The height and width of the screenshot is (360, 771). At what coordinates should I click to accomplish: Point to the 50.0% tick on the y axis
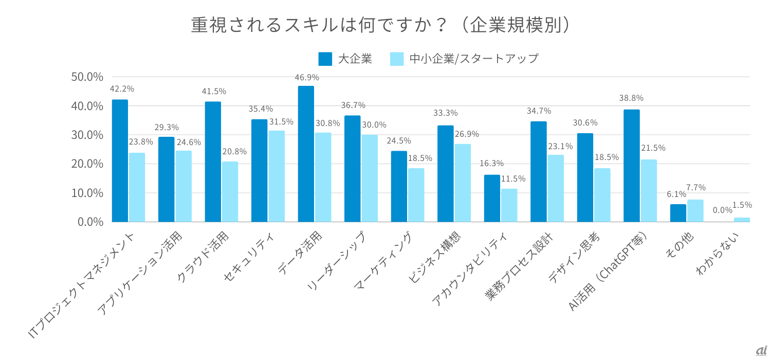pyautogui.click(x=87, y=77)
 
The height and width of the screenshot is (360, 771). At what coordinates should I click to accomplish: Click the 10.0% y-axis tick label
pyautogui.click(x=87, y=193)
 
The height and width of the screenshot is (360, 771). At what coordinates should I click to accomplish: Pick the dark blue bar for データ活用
pyautogui.click(x=306, y=154)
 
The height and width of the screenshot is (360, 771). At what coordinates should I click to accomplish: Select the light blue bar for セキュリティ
pyautogui.click(x=277, y=176)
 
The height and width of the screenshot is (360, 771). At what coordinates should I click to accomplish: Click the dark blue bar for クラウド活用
pyautogui.click(x=213, y=161)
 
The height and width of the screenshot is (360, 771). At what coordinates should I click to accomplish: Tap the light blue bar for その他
pyautogui.click(x=695, y=211)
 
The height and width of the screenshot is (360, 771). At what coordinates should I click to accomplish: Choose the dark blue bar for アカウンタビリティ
pyautogui.click(x=492, y=199)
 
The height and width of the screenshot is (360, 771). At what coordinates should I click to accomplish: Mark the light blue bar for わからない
pyautogui.click(x=742, y=220)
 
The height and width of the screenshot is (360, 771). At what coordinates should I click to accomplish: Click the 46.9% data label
pyautogui.click(x=307, y=77)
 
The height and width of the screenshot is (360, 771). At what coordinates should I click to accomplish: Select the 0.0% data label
pyautogui.click(x=722, y=210)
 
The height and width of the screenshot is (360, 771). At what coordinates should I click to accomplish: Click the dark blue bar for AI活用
pyautogui.click(x=632, y=166)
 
